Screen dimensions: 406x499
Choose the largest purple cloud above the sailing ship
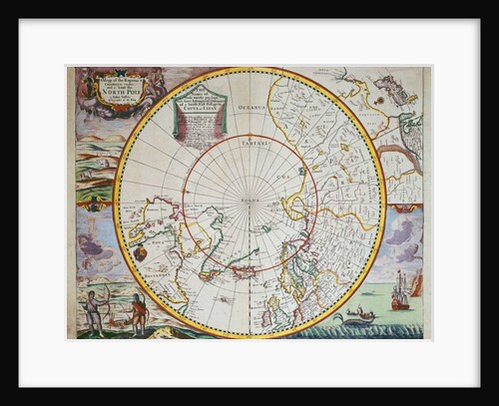[401, 235]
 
